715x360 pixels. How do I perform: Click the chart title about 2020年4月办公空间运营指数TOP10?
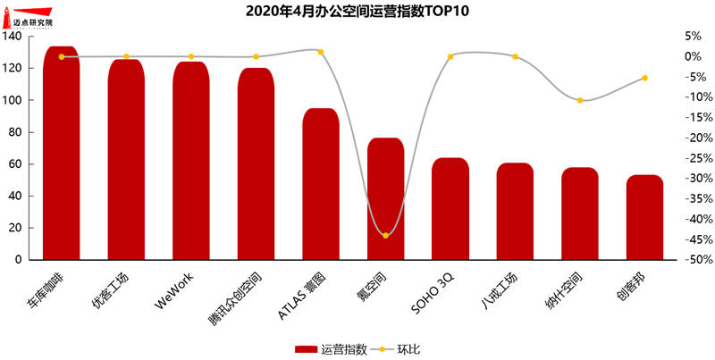357,12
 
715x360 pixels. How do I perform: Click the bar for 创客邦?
644,218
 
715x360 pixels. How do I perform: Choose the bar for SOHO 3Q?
450,210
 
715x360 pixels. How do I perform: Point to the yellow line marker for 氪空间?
385,235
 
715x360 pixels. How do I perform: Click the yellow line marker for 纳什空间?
580,100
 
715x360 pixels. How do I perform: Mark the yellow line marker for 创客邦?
644,78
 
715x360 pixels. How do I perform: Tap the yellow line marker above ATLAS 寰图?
320,52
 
